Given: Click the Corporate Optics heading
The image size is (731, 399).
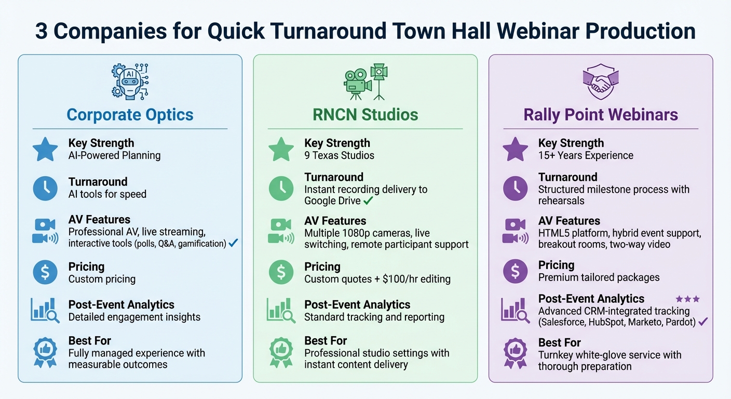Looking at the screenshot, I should (130, 114).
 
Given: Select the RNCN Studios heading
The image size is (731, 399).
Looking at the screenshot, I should (365, 114).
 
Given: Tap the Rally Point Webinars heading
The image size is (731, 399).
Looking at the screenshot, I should (601, 114).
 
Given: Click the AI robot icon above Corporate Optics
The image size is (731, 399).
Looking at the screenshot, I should (130, 82).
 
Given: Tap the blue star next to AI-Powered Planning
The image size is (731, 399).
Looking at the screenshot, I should (45, 149).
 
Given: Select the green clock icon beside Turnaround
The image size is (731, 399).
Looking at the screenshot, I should (281, 189).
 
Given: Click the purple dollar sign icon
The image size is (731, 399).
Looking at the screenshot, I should (516, 271).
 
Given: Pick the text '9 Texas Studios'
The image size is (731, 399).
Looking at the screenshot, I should (339, 155).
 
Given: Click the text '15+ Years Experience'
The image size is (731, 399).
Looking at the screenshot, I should (586, 155).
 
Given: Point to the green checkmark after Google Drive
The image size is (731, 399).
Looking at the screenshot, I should (369, 200).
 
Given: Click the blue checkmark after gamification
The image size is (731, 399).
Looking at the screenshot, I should (233, 243).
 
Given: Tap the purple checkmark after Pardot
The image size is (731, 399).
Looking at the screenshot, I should (703, 322).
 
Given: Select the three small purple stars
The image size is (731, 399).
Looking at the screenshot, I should (687, 299).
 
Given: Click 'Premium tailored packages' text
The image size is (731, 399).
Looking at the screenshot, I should (599, 277).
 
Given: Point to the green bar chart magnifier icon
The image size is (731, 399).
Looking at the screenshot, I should (281, 310).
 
